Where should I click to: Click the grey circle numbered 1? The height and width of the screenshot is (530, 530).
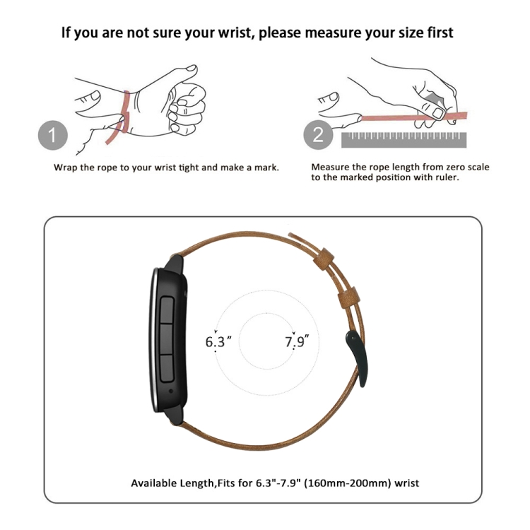click(53, 135)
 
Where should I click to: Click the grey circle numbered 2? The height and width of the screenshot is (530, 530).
click(318, 135)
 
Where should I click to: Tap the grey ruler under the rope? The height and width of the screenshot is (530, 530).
click(404, 140)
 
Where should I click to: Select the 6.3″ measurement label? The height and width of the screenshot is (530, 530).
click(218, 341)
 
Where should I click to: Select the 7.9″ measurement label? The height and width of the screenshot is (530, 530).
click(297, 341)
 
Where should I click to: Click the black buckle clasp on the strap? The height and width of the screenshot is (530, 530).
click(358, 358)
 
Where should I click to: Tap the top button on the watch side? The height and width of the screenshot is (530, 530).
click(167, 310)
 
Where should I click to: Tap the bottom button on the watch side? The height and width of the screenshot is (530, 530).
click(167, 368)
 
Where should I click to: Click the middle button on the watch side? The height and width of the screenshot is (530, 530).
click(167, 339)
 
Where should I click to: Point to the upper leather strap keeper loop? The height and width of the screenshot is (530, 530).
click(324, 259)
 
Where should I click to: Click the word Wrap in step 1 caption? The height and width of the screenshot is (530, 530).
click(66, 168)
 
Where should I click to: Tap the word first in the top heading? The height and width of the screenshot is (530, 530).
click(440, 33)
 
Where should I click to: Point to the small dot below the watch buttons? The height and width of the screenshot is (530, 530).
click(171, 391)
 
